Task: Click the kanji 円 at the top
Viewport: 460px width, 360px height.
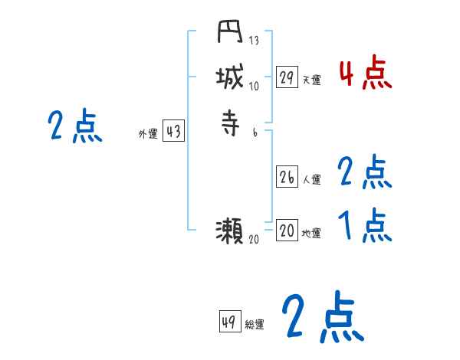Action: click(230, 34)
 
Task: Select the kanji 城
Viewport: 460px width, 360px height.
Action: click(230, 77)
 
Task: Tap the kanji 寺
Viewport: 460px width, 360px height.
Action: click(230, 123)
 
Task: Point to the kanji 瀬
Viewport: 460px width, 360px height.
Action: click(230, 230)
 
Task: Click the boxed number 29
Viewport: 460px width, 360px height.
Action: click(287, 77)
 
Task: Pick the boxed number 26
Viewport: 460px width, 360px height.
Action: click(287, 177)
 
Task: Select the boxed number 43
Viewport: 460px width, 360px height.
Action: click(173, 132)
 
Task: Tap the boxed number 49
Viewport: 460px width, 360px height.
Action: click(229, 322)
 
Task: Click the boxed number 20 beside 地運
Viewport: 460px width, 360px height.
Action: click(287, 230)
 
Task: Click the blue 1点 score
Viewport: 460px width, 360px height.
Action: click(365, 225)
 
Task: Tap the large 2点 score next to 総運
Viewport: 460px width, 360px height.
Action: click(322, 317)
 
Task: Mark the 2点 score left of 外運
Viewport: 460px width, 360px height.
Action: click(75, 126)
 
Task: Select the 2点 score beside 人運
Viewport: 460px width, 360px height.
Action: click(365, 173)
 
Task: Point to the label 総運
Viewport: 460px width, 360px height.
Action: click(255, 325)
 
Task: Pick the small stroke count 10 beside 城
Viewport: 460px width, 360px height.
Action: click(255, 86)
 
